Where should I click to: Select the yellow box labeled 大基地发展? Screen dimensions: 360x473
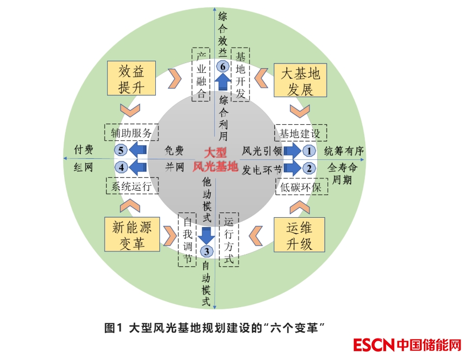(x=300, y=81)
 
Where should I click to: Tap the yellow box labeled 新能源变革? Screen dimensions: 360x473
(x=131, y=235)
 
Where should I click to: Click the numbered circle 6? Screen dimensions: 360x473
(x=223, y=66)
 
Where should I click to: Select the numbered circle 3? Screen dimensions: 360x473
(x=206, y=252)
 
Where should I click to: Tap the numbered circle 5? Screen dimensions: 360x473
(x=121, y=151)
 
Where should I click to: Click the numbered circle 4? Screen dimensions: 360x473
(x=121, y=167)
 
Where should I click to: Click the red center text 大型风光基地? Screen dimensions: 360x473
(x=215, y=160)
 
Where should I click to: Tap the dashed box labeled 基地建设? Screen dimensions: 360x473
(x=300, y=133)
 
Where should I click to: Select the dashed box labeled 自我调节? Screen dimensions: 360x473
(x=186, y=239)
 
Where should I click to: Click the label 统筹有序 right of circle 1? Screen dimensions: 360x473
(x=345, y=151)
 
